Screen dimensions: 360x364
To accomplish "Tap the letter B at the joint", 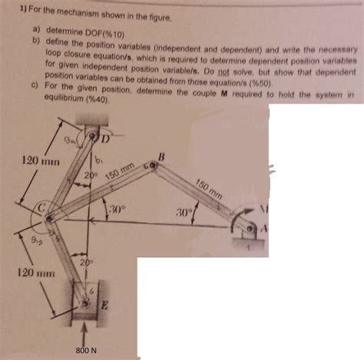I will [x=160, y=159].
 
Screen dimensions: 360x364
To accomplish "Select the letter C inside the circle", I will [x=44, y=209].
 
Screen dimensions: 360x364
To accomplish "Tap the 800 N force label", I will [x=85, y=351].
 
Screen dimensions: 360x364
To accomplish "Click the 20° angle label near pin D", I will [x=89, y=176].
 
